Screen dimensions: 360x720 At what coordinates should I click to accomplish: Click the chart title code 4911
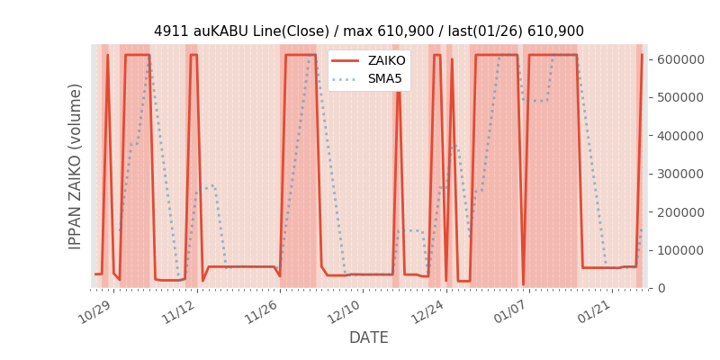click(x=169, y=31)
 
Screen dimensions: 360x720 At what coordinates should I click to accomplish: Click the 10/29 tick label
click(x=94, y=312)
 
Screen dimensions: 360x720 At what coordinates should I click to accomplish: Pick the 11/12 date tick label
click(x=177, y=312)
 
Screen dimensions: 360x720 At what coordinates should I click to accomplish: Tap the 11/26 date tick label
click(x=260, y=312)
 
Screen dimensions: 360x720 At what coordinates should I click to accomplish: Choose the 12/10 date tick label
click(x=343, y=312)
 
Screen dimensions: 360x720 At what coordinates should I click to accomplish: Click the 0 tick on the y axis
click(x=661, y=288)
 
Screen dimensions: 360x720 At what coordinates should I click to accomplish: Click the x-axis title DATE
click(x=369, y=337)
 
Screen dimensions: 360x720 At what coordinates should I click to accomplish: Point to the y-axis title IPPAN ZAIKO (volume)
click(x=76, y=166)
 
